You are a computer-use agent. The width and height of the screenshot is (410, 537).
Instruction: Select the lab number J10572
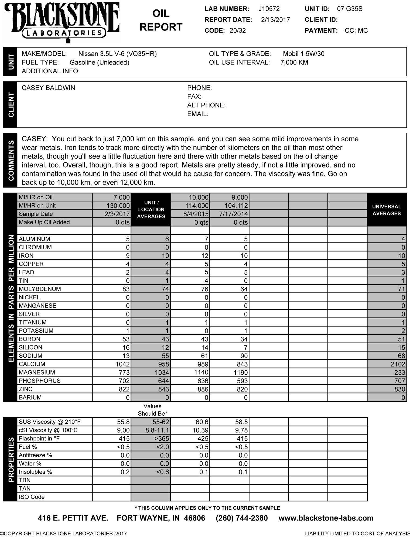(x=269, y=9)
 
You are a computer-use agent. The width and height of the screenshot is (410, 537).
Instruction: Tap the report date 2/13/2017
(x=275, y=20)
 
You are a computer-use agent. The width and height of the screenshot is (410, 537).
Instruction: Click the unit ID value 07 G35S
(x=350, y=9)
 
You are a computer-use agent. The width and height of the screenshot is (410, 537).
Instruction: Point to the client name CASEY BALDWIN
(x=48, y=88)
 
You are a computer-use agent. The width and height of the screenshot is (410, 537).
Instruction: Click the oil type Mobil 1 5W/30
(x=303, y=54)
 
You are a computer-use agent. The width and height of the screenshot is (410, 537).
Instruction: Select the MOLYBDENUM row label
(x=40, y=289)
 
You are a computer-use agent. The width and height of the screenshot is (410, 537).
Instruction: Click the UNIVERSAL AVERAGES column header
(x=387, y=210)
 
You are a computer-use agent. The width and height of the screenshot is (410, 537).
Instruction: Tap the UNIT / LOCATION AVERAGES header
(x=151, y=210)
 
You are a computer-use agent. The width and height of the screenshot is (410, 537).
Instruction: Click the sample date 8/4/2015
(x=197, y=214)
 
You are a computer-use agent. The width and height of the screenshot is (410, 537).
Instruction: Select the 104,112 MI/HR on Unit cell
(x=236, y=206)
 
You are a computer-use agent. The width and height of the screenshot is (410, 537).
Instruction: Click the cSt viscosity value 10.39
(x=200, y=430)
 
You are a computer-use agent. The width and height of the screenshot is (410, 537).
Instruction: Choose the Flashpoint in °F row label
(x=39, y=439)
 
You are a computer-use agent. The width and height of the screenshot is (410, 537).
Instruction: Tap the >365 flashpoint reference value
(x=162, y=439)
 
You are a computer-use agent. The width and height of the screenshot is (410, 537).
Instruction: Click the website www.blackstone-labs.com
(x=326, y=518)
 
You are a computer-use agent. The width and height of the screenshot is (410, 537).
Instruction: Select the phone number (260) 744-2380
(x=242, y=518)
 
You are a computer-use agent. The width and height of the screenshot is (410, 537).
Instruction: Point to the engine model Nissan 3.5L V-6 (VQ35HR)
(x=117, y=54)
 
